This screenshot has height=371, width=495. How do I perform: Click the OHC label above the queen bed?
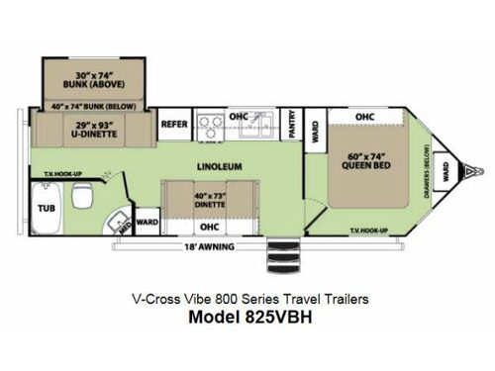tap(363, 117)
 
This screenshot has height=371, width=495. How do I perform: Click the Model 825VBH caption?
tap(247, 318)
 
